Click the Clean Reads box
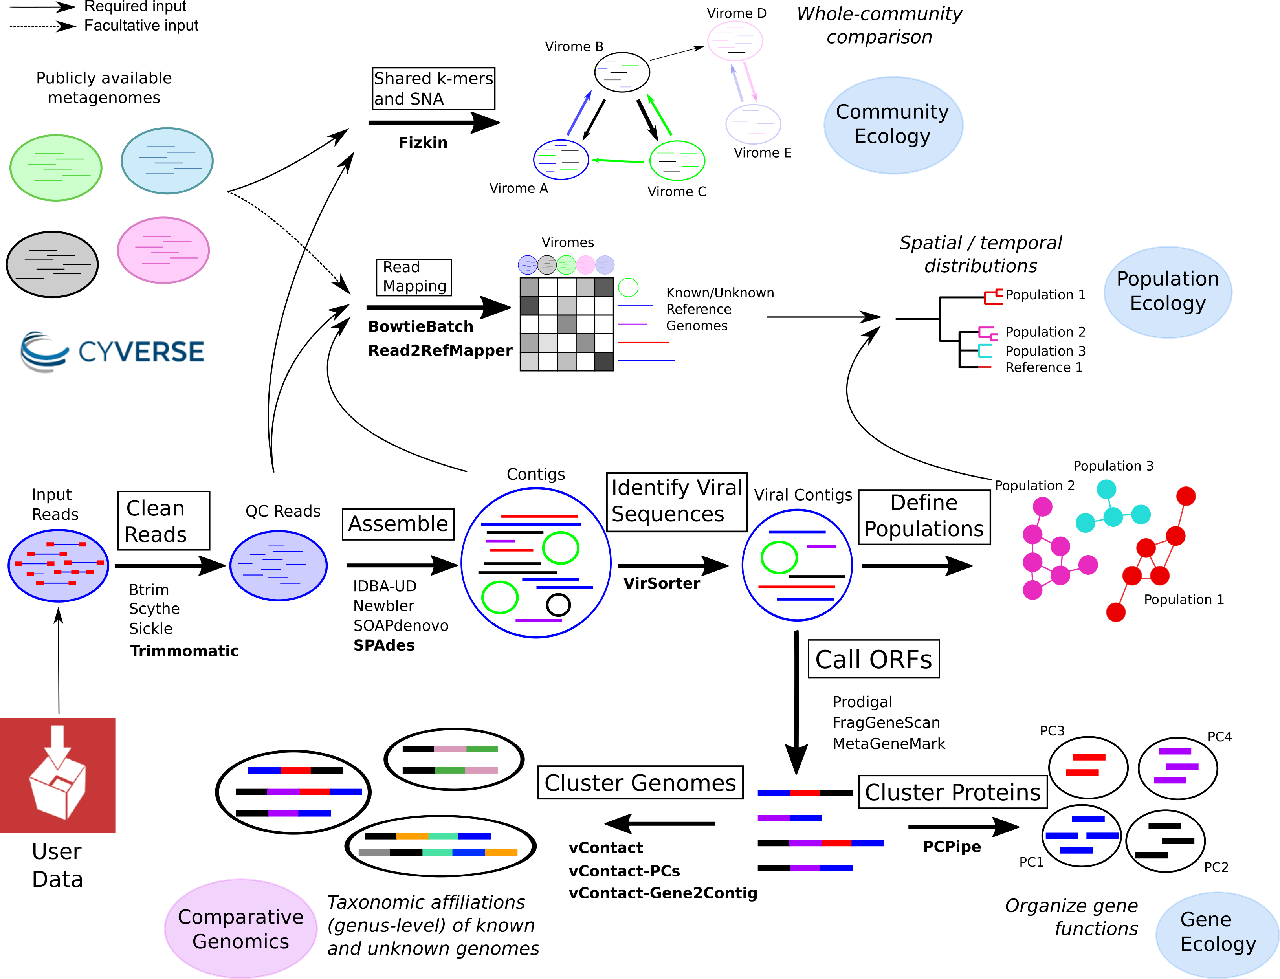[x=164, y=521]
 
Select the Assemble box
[x=398, y=524]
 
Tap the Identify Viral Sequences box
[x=677, y=502]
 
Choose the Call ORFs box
[x=873, y=659]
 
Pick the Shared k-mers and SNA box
[x=433, y=88]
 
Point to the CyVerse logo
[x=112, y=351]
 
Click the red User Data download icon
[x=58, y=775]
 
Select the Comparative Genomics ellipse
[x=240, y=928]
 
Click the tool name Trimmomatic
[x=184, y=651]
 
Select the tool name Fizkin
[x=423, y=143]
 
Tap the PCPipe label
[x=952, y=847]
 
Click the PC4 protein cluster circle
[x=1177, y=768]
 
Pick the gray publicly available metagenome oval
[x=52, y=264]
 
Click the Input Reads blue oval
[x=58, y=565]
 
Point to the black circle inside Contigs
[x=558, y=604]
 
